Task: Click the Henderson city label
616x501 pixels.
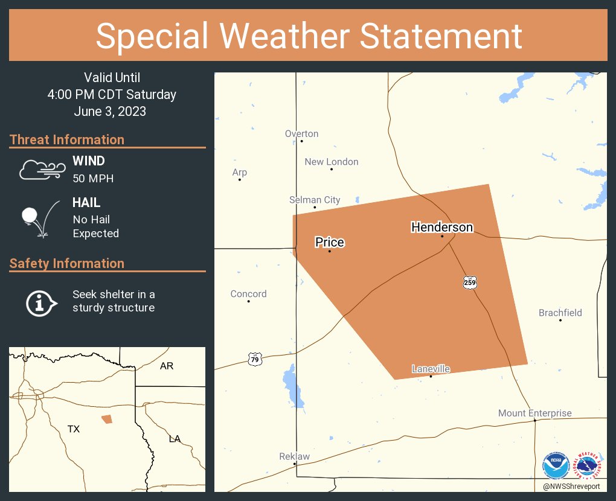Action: (x=442, y=228)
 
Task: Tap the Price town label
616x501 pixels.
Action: (x=330, y=243)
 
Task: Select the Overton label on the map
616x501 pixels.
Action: (x=301, y=134)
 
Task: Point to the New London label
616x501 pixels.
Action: (x=331, y=162)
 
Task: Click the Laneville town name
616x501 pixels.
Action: (x=431, y=369)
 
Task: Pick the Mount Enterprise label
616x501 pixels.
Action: (x=534, y=413)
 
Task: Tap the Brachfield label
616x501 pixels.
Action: (x=560, y=313)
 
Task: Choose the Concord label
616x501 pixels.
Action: (x=248, y=294)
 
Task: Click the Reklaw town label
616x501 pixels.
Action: (x=294, y=456)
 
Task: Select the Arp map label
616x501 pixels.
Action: (x=240, y=173)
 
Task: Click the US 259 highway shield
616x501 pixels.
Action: (x=470, y=282)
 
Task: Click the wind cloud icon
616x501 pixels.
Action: (x=41, y=170)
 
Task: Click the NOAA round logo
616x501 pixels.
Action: (x=556, y=465)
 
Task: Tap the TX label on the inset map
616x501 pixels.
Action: (x=73, y=429)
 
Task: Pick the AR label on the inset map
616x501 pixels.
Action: (x=167, y=366)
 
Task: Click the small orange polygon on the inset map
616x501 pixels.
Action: (x=107, y=419)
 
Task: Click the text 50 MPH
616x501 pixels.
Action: (x=93, y=179)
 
